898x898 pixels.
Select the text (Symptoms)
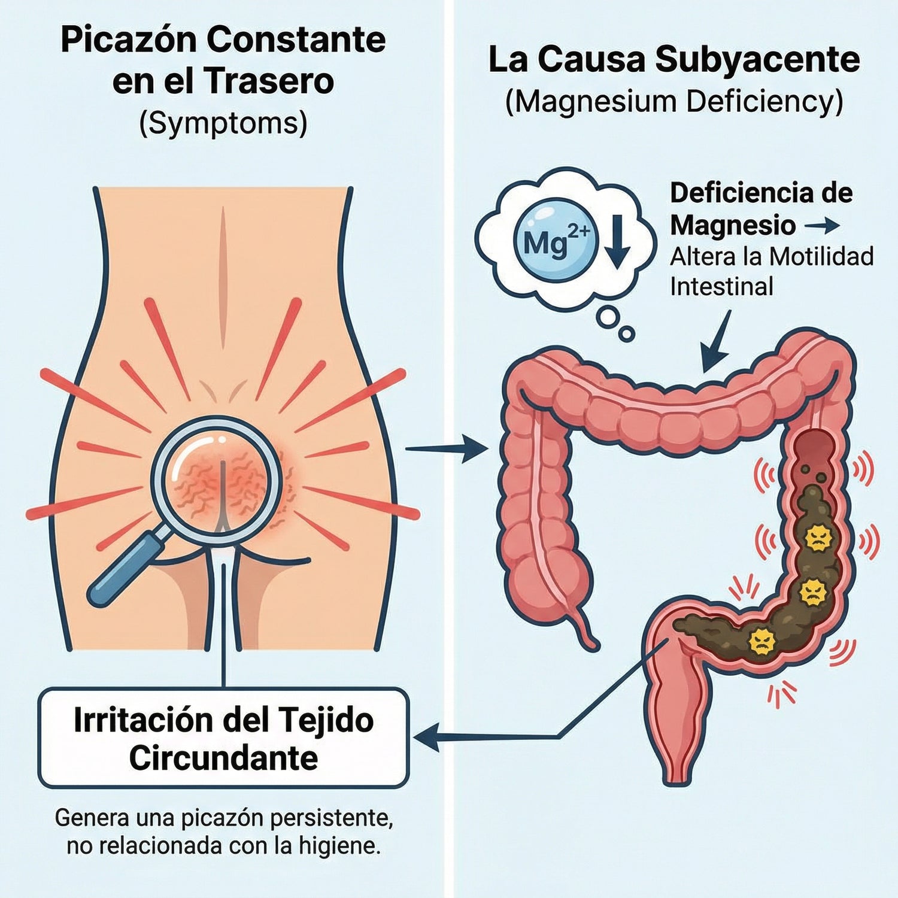[223, 123]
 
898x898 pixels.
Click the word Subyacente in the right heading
[757, 60]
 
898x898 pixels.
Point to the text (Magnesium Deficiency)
[674, 102]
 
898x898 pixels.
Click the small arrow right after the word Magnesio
[821, 226]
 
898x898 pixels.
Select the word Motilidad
[821, 257]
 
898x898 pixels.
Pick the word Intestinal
[721, 287]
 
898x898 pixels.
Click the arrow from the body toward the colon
[446, 449]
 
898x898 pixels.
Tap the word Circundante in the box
[223, 759]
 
